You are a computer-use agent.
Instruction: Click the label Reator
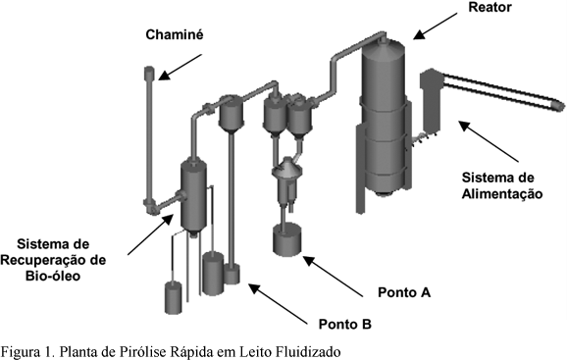pyautogui.click(x=490, y=7)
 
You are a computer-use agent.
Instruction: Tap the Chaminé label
pyautogui.click(x=175, y=34)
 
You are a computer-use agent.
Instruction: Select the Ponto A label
pyautogui.click(x=404, y=292)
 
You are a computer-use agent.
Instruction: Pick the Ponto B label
pyautogui.click(x=345, y=325)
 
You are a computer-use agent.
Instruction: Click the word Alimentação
pyautogui.click(x=502, y=194)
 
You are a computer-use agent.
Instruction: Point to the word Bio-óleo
pyautogui.click(x=53, y=277)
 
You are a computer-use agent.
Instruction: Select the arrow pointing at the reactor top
pyautogui.click(x=436, y=26)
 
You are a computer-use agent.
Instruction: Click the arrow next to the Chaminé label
pyautogui.click(x=180, y=67)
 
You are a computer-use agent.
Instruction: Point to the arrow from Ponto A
pyautogui.click(x=333, y=277)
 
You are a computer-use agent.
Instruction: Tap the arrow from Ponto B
pyautogui.click(x=278, y=304)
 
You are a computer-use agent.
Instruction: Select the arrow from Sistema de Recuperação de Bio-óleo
pyautogui.click(x=150, y=234)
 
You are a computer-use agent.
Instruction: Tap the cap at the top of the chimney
pyautogui.click(x=149, y=73)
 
